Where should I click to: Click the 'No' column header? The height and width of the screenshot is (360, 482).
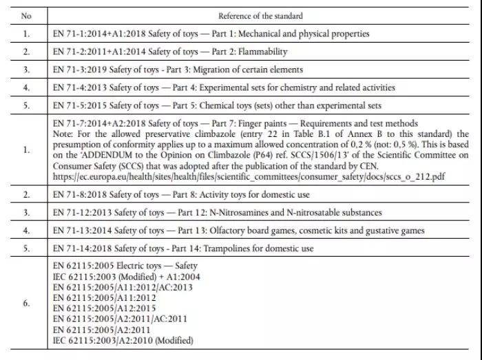coord(25,15)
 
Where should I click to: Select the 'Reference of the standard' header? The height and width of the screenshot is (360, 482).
coord(260,15)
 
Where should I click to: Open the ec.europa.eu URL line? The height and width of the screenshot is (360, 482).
coord(244,176)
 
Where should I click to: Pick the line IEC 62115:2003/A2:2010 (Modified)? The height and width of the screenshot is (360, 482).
coord(124,340)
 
